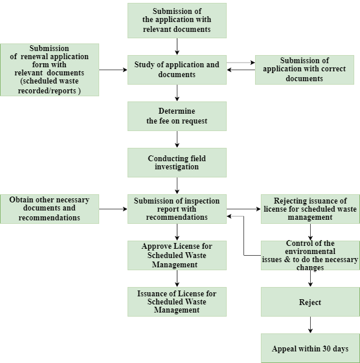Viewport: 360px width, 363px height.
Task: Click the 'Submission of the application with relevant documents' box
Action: coord(177,20)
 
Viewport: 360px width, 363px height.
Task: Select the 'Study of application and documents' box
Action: coord(177,70)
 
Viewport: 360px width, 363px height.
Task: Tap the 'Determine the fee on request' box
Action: coord(177,116)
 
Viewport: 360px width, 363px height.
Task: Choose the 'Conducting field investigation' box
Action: coord(177,162)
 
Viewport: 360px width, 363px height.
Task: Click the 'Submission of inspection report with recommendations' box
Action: coord(177,209)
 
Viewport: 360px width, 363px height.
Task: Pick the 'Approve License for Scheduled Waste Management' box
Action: coord(177,255)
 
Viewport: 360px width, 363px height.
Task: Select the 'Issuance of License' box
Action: coord(177,302)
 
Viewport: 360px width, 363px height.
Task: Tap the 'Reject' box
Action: coord(310,302)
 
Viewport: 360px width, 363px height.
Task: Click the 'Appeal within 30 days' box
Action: coord(310,348)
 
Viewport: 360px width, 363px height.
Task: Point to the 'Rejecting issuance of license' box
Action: coord(310,209)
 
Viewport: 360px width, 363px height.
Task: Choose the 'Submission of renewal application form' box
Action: coord(49,70)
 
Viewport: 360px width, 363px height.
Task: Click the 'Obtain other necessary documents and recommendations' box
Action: coord(49,209)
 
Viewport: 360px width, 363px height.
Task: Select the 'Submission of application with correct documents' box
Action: coord(304,70)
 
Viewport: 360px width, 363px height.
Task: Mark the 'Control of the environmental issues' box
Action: coord(310,255)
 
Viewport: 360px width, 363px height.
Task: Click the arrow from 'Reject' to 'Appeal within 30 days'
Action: coord(310,325)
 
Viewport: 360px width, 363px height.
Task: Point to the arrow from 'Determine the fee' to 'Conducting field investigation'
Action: coord(177,139)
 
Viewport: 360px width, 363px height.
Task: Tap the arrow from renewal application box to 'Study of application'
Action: coord(113,70)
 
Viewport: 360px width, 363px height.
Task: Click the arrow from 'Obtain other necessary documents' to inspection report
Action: coord(113,209)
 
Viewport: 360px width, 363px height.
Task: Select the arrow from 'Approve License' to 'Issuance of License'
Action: coord(177,278)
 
